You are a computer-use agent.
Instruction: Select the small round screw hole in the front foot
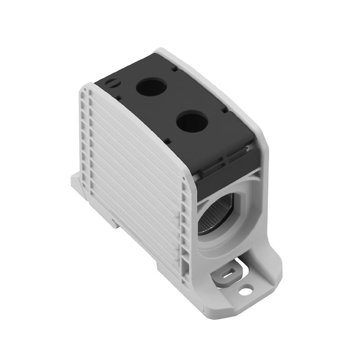(x=246, y=292)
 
